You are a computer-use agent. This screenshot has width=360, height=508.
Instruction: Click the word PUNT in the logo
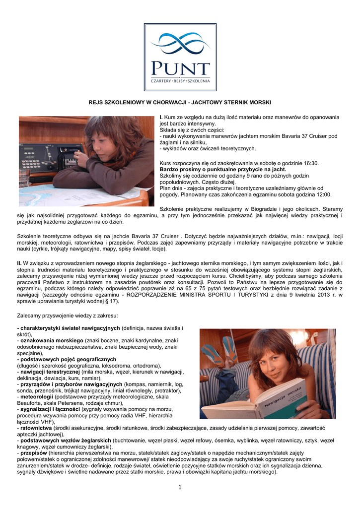[180, 67]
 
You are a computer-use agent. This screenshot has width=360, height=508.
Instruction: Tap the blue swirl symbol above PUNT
[180, 44]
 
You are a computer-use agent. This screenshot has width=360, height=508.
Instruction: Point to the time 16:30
[310, 163]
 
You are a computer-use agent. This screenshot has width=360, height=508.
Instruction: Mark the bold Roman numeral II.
[19, 262]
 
